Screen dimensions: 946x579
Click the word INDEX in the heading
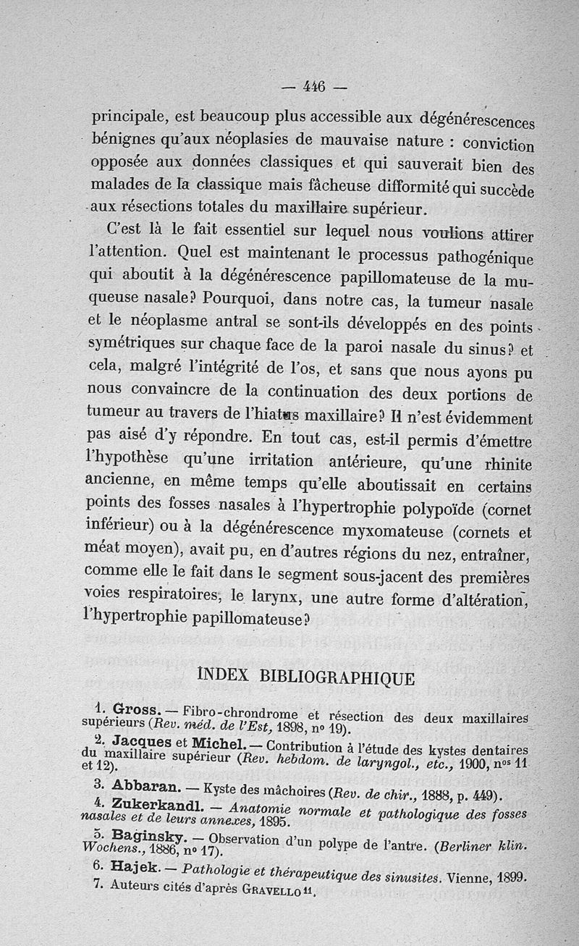point(223,677)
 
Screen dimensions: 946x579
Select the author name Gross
point(130,709)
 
